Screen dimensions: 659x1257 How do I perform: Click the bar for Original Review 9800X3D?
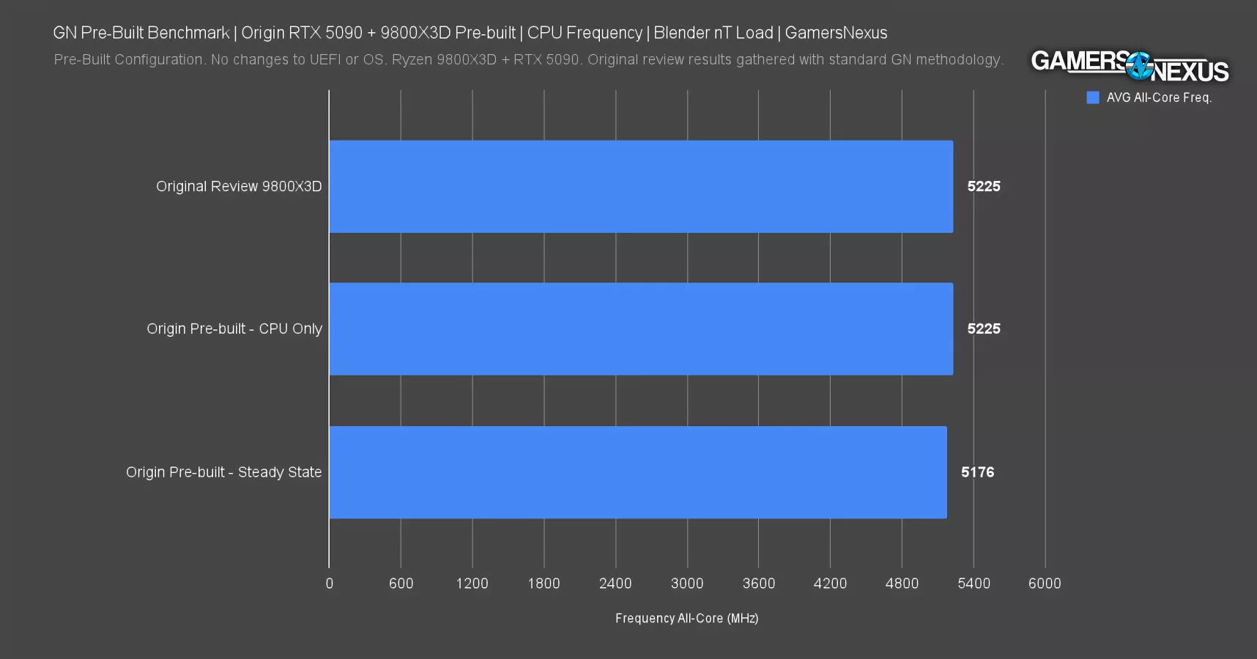[x=641, y=187]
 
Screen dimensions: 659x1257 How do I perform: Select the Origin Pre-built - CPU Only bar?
[x=641, y=329]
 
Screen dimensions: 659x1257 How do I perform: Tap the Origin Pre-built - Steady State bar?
[x=637, y=472]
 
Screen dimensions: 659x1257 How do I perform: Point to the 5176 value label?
[x=977, y=472]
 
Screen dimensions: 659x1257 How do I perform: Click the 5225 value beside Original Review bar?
[x=983, y=187]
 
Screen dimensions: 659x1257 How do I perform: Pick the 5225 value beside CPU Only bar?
[x=983, y=329]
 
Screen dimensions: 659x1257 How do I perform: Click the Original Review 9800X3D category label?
[x=239, y=187]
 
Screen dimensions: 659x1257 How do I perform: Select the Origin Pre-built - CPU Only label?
[x=234, y=329]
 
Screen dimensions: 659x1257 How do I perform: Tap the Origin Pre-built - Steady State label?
[x=223, y=472]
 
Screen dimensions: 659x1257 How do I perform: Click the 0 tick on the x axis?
[x=329, y=584]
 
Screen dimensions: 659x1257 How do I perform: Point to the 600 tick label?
[x=401, y=584]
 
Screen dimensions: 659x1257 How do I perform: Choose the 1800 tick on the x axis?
[x=544, y=584]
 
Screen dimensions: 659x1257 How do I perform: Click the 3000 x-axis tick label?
[x=687, y=584]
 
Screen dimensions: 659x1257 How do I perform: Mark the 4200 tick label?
[x=830, y=584]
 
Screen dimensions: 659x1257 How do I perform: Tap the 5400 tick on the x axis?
[x=974, y=584]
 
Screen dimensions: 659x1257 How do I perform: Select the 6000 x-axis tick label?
[x=1045, y=584]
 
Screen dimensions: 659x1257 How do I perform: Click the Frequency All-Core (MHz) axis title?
[x=686, y=619]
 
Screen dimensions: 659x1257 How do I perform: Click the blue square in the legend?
[x=1093, y=97]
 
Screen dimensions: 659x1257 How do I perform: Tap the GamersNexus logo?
[x=1130, y=67]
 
